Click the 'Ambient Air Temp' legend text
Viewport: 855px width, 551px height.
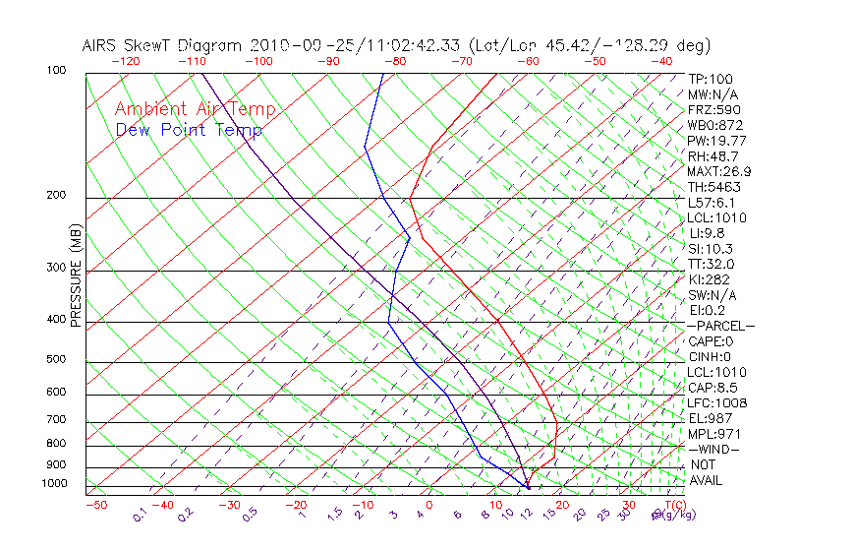195,109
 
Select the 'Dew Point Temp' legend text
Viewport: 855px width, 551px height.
189,131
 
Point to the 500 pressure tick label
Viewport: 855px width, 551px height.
56,360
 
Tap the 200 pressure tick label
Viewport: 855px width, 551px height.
56,196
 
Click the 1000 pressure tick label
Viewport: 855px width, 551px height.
53,484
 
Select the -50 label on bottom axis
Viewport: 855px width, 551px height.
95,506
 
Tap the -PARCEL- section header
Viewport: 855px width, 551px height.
721,326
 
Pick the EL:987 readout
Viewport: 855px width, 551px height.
711,418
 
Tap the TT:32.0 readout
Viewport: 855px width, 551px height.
712,264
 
